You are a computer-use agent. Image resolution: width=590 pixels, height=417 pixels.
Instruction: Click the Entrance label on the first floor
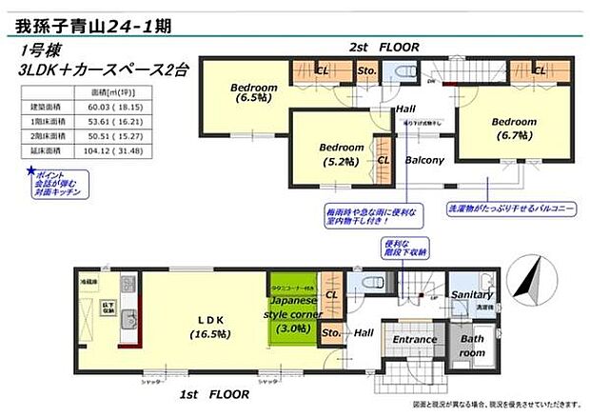tap(415, 340)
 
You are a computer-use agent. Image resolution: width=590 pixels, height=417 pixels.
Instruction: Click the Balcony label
tap(424, 161)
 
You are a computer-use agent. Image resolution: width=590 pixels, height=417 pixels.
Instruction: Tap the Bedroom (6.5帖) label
tap(254, 92)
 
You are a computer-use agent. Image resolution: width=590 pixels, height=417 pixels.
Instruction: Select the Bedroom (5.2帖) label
tap(341, 153)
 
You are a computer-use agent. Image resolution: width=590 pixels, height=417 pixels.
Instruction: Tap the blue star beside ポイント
tap(30, 173)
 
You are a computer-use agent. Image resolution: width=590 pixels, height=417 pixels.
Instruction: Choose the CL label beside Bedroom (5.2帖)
tap(383, 161)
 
